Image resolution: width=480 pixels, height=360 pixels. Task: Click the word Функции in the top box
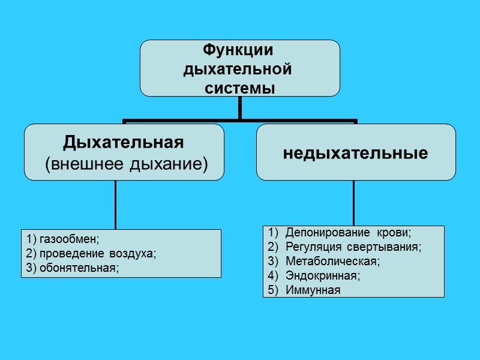(x=239, y=50)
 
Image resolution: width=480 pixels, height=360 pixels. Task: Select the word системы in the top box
(x=240, y=88)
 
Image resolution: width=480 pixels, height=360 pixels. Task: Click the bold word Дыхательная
(x=123, y=143)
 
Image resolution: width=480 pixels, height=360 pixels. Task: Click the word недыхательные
(x=355, y=153)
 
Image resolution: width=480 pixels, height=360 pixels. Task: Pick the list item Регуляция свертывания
(x=353, y=247)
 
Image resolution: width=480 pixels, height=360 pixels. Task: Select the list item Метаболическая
(x=333, y=262)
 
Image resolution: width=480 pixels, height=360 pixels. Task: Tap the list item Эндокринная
(x=323, y=276)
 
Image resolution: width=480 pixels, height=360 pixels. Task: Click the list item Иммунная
(x=313, y=290)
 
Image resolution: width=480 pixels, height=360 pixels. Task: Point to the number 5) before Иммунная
(x=272, y=290)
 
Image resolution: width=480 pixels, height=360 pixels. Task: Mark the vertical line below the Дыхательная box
(x=116, y=204)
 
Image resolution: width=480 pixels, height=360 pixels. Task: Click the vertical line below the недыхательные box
(x=353, y=203)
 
